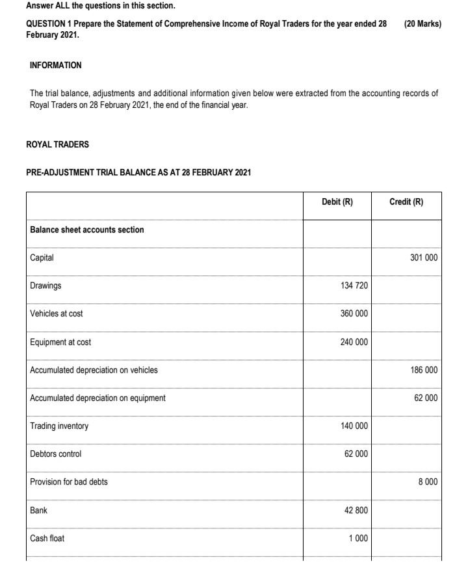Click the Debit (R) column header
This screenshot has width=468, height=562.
337,202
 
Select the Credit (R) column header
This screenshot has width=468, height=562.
406,202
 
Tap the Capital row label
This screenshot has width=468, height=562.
42,258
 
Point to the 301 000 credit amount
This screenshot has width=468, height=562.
424,258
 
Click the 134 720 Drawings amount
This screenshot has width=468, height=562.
354,286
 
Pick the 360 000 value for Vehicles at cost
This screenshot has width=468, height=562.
354,314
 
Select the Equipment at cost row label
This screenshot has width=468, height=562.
60,342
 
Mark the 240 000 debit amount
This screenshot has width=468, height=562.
354,342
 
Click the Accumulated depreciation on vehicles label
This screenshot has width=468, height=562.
94,370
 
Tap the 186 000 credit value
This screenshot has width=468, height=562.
424,370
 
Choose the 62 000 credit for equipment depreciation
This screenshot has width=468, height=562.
426,398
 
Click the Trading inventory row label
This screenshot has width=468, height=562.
59,426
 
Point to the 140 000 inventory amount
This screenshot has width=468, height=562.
354,426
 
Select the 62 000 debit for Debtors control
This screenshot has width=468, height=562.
356,454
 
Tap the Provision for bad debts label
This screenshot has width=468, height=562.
69,482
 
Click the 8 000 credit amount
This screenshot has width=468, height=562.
428,482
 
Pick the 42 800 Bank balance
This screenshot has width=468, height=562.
356,511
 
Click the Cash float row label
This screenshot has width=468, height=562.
47,539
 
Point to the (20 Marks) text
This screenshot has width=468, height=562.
422,24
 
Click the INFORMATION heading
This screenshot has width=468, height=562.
56,66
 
